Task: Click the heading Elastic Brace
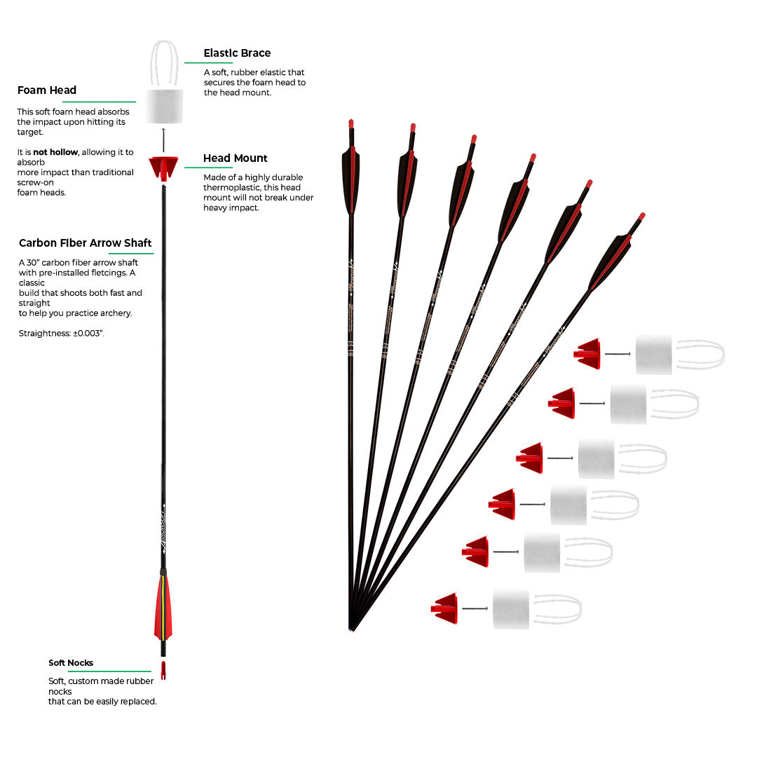(x=237, y=53)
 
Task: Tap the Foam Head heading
(x=47, y=90)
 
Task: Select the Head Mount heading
(x=236, y=158)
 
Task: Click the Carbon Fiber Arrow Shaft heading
(x=86, y=243)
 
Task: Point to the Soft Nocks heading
(x=71, y=663)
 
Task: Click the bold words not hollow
(x=55, y=152)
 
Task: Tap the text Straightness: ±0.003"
(x=62, y=334)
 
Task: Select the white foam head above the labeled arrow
(x=165, y=106)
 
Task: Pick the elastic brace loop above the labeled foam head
(x=165, y=63)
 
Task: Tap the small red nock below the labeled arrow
(x=163, y=671)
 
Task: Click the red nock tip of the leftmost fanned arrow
(x=351, y=124)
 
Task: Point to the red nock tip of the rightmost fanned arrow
(x=641, y=217)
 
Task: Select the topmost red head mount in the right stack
(x=589, y=353)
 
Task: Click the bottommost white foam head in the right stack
(x=511, y=608)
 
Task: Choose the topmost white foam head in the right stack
(x=653, y=354)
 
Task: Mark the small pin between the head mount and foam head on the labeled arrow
(x=163, y=139)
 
